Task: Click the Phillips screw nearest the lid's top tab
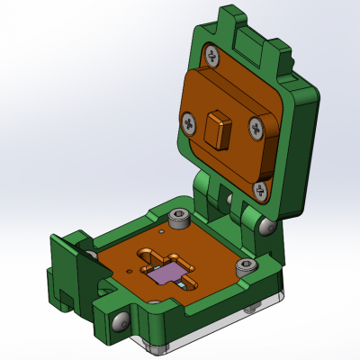point(212,56)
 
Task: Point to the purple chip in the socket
point(166,274)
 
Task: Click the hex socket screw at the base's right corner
point(243,266)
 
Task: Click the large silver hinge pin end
point(267,228)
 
